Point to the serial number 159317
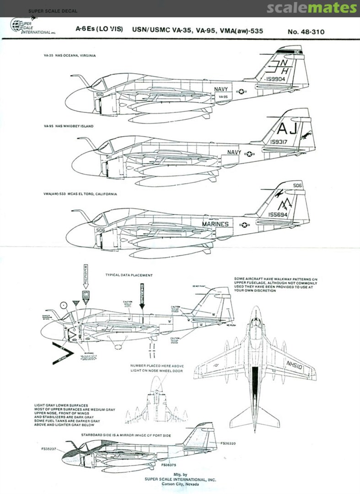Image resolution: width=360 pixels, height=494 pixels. pos(275,142)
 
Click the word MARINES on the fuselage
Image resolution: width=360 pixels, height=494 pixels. pos(215,224)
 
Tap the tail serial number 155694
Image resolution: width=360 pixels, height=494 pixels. pos(277,213)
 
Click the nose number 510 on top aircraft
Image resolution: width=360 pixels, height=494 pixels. pos(100,95)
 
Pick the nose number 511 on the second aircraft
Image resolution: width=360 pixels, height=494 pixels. pos(108,156)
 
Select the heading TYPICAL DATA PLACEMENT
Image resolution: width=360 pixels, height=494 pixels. pos(129,275)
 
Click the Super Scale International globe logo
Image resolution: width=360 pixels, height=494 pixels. pos(21,26)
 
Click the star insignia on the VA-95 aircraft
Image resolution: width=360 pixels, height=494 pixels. pos(250,154)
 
